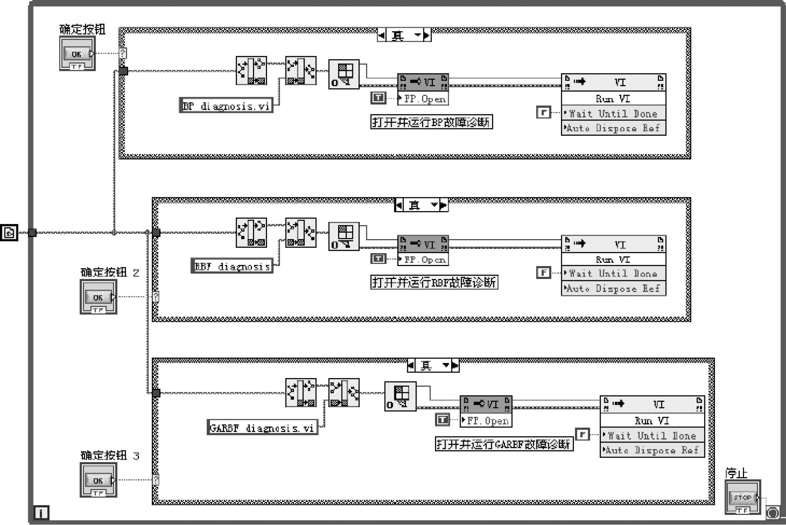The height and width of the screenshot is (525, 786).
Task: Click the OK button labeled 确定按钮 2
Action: point(98,297)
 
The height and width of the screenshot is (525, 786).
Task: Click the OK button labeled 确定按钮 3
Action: point(98,480)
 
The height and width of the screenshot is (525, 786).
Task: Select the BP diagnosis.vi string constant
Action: point(226,106)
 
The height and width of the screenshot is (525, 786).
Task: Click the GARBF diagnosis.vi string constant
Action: point(262,428)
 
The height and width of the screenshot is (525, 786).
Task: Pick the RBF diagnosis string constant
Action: point(232,266)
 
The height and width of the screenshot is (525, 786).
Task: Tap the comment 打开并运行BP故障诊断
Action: point(431,122)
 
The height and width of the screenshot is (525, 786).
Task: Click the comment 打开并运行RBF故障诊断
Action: point(434,282)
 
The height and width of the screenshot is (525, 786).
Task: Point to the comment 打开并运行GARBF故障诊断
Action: point(504,444)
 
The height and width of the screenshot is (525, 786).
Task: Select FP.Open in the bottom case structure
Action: point(487,420)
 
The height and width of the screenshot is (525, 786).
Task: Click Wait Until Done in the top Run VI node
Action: point(613,113)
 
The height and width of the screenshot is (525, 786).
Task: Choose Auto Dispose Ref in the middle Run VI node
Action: point(613,288)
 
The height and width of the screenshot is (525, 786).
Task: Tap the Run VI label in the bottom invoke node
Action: point(652,420)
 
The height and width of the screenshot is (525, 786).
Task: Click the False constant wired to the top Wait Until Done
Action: point(543,112)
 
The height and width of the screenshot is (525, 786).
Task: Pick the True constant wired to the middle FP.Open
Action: point(378,259)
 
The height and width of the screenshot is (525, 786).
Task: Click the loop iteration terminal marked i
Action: point(41,513)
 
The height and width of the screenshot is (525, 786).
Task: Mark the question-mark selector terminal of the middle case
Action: point(156,297)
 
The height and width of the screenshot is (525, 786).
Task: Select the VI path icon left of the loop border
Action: point(9,232)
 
